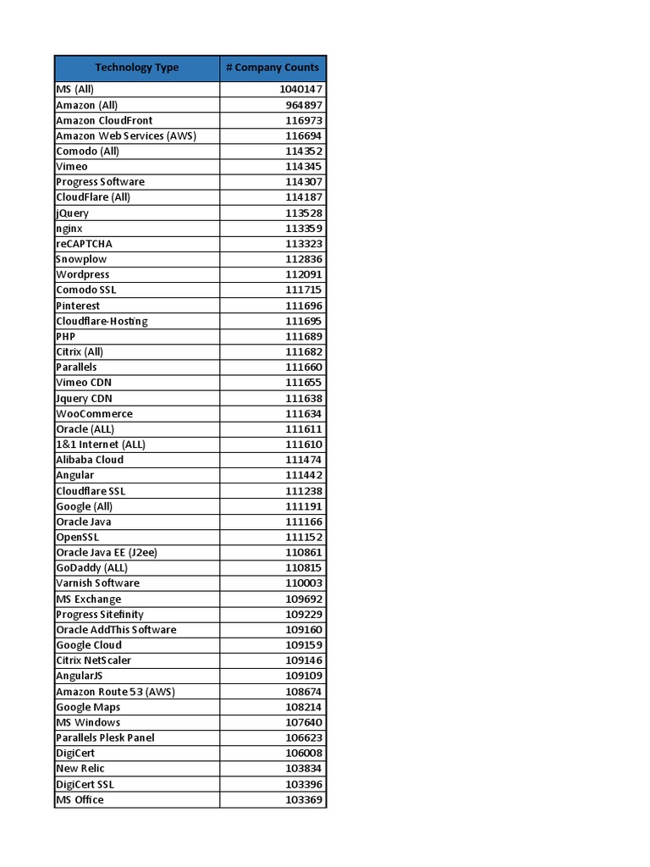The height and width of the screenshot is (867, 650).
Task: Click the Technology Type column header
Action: tap(136, 68)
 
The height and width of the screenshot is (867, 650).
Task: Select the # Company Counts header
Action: tap(273, 68)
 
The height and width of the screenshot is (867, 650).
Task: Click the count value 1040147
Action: tap(300, 90)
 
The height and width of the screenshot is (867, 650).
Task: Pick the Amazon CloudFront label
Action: tap(104, 120)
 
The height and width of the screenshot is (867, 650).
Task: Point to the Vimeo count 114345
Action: tap(303, 167)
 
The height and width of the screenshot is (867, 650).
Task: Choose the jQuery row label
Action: tap(72, 213)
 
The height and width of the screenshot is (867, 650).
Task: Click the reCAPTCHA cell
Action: tap(84, 244)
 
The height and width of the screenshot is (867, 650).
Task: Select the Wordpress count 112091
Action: tap(303, 274)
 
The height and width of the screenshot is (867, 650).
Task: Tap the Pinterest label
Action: tap(78, 306)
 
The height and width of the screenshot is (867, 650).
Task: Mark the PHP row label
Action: tap(66, 336)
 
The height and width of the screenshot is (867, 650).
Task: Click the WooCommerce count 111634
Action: tap(303, 413)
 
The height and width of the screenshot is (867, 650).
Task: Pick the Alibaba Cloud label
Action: tap(90, 460)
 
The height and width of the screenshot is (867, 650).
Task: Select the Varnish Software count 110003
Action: tap(303, 583)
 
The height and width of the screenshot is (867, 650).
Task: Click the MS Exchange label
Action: tap(88, 599)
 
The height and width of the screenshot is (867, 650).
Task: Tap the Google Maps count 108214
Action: tap(303, 707)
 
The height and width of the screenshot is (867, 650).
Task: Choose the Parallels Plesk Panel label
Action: tap(105, 737)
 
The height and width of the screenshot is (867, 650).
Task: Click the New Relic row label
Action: tap(80, 768)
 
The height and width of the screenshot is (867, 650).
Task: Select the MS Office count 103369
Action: tap(303, 799)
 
